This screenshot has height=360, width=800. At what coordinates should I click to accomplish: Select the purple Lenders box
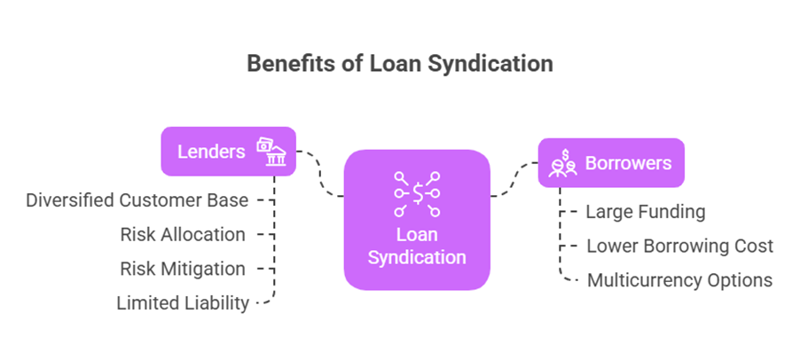tap(228, 151)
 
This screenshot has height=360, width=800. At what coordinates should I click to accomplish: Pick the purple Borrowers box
tap(610, 162)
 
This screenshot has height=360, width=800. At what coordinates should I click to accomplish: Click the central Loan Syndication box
tap(417, 220)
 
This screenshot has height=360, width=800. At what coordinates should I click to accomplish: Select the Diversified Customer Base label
tap(137, 200)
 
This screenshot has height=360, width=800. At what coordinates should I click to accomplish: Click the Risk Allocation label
tap(183, 234)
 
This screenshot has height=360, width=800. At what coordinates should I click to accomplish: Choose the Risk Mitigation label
tap(183, 268)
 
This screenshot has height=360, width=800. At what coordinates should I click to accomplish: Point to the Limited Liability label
tap(183, 302)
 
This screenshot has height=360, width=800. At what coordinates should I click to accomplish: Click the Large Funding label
tap(645, 212)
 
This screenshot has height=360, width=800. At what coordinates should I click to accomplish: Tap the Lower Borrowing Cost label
tap(679, 246)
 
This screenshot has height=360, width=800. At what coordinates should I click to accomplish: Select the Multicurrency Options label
tap(679, 280)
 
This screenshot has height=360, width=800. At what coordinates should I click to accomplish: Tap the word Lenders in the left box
tap(211, 151)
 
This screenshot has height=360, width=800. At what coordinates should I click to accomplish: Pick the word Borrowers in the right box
tap(628, 163)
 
